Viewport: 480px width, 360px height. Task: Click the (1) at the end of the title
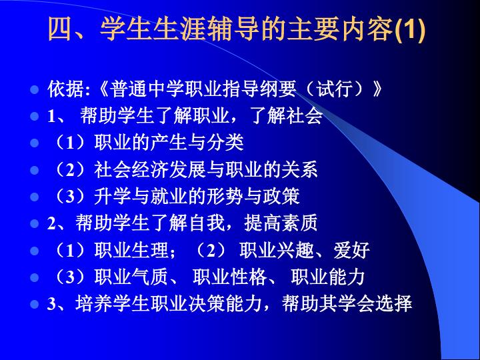point(410,29)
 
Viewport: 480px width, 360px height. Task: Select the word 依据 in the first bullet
point(66,89)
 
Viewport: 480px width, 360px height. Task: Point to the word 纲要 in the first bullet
point(278,89)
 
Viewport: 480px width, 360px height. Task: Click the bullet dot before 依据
point(35,90)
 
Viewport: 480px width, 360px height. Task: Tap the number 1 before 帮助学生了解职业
point(51,117)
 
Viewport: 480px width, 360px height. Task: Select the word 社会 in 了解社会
point(304,116)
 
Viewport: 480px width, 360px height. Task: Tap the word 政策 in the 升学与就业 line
point(281,197)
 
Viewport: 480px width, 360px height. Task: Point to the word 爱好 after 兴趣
point(352,250)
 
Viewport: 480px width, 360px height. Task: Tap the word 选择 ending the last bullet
point(394,304)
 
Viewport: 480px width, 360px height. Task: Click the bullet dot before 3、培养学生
point(35,304)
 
